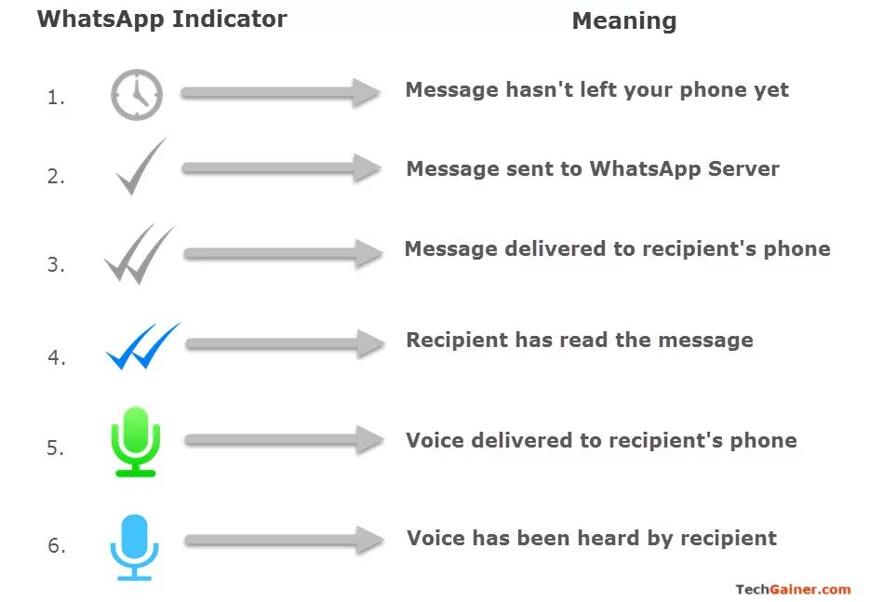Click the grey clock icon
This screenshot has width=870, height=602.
pyautogui.click(x=137, y=95)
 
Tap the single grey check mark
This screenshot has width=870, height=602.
pyautogui.click(x=141, y=167)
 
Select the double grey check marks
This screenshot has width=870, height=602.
pyautogui.click(x=139, y=254)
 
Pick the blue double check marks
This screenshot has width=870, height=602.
pyautogui.click(x=142, y=346)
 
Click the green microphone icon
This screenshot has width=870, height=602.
pyautogui.click(x=136, y=441)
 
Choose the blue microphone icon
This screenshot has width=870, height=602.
pyautogui.click(x=135, y=546)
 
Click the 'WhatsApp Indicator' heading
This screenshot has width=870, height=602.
pyautogui.click(x=162, y=19)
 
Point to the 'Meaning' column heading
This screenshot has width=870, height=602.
pyautogui.click(x=623, y=20)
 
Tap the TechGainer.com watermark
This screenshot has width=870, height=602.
pyautogui.click(x=793, y=589)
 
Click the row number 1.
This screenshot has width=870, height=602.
pyautogui.click(x=56, y=97)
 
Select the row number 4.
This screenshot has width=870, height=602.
pyautogui.click(x=56, y=357)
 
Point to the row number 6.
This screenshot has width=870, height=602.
pyautogui.click(x=56, y=546)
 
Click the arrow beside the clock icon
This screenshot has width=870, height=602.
pyautogui.click(x=280, y=92)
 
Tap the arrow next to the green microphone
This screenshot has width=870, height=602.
pyautogui.click(x=283, y=441)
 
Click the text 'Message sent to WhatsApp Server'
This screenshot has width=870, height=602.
pyautogui.click(x=593, y=168)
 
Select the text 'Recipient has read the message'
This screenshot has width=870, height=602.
pyautogui.click(x=579, y=340)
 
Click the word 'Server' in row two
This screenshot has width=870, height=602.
pyautogui.click(x=743, y=168)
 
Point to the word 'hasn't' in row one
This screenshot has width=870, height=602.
pyautogui.click(x=539, y=89)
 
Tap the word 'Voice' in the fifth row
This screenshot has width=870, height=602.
pyautogui.click(x=435, y=440)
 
